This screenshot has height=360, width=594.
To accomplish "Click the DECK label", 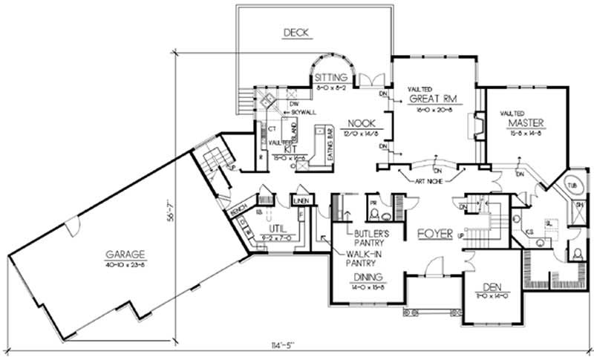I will (296, 32).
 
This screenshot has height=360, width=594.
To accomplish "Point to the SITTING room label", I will (330, 77).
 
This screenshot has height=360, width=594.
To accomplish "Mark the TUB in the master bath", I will (572, 185).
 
